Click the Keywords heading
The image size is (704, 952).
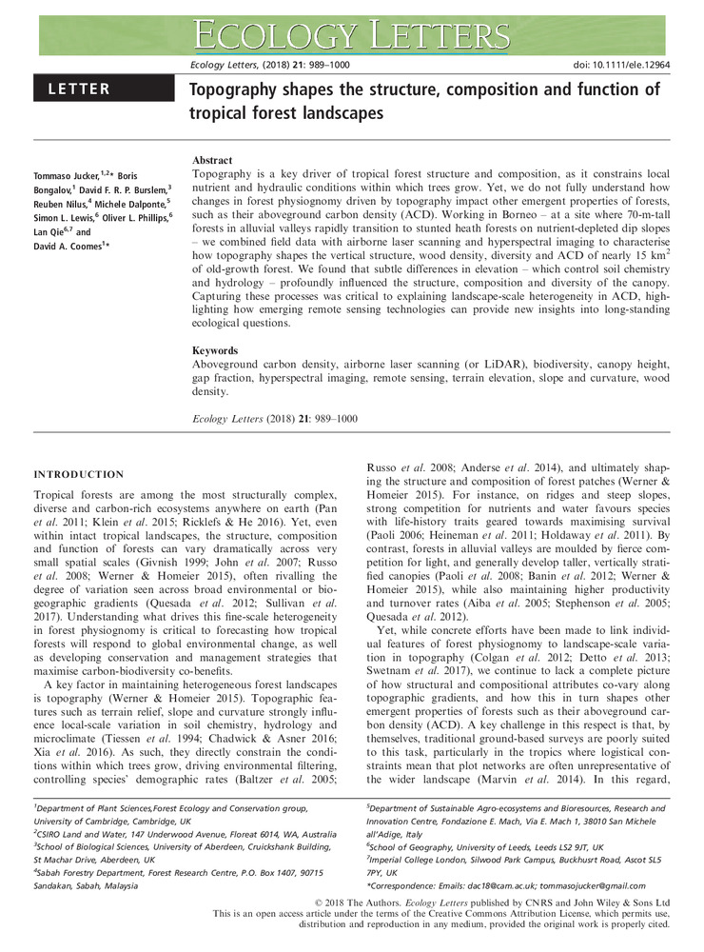tap(216, 350)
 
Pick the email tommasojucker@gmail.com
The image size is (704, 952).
tap(621, 886)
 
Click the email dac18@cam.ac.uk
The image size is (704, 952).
tap(512, 886)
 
